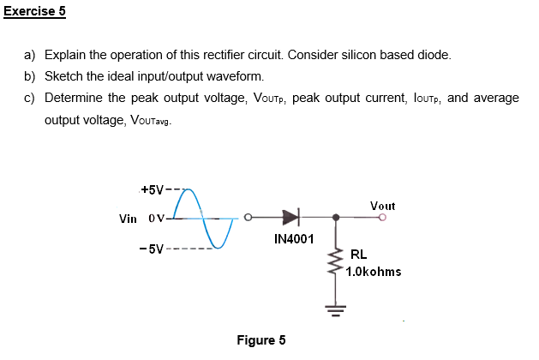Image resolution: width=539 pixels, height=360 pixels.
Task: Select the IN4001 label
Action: [294, 238]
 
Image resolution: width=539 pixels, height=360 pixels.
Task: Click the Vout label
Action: [382, 206]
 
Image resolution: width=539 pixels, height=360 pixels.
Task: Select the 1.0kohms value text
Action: [374, 272]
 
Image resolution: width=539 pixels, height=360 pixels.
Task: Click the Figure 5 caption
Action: [261, 340]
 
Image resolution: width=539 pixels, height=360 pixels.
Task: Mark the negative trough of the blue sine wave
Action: [219, 248]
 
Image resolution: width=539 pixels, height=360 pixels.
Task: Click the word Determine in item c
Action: [75, 98]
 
